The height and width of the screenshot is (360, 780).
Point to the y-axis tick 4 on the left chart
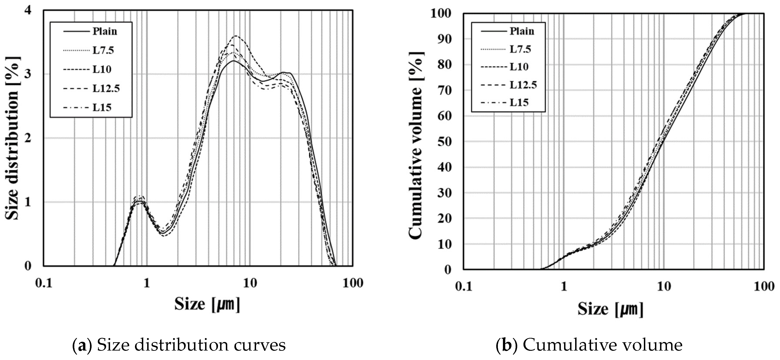pos(28,10)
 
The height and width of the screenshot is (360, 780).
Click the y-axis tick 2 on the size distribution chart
pos(28,138)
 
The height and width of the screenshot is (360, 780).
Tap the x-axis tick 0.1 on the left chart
pos(44,283)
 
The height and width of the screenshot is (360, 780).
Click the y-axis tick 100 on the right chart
pos(441,14)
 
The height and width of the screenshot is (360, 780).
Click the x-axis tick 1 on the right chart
pos(564,286)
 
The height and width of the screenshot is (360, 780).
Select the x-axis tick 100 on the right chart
pos(764,286)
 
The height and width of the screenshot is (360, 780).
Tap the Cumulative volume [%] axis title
pos(416,145)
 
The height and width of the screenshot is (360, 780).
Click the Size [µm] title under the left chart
pos(207,304)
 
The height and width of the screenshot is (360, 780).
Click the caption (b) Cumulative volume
pos(589,345)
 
